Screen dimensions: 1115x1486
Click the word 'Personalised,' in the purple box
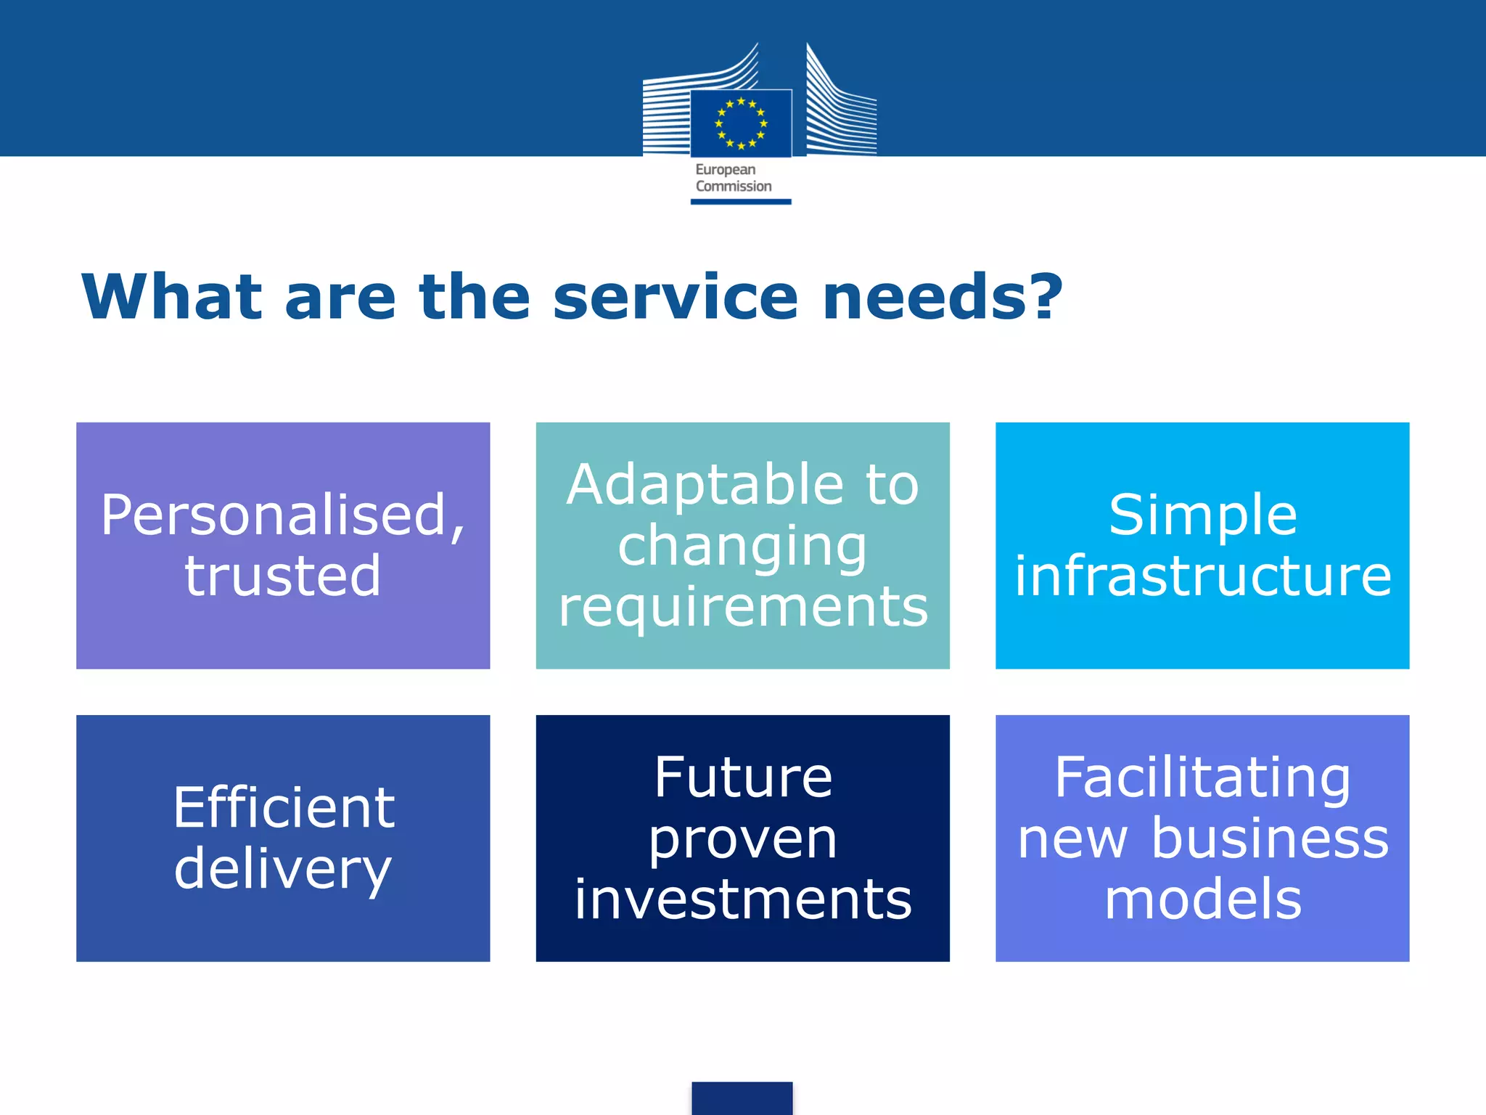pyautogui.click(x=282, y=515)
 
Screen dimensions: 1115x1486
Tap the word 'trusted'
pyautogui.click(x=282, y=576)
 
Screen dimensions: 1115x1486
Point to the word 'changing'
pyautogui.click(x=742, y=547)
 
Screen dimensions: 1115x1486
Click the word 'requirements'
pyautogui.click(x=743, y=607)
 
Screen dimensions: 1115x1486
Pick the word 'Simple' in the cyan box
pyautogui.click(x=1202, y=515)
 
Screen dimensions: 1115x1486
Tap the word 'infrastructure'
pyautogui.click(x=1202, y=576)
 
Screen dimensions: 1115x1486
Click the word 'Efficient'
pyautogui.click(x=284, y=807)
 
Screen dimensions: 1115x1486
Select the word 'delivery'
pyautogui.click(x=282, y=869)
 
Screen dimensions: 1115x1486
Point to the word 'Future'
pyautogui.click(x=743, y=777)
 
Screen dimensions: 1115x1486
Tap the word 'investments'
pyautogui.click(x=743, y=899)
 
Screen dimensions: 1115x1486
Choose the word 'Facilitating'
pyautogui.click(x=1202, y=777)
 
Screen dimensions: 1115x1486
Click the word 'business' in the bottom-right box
pyautogui.click(x=1270, y=838)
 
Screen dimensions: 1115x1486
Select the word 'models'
pyautogui.click(x=1202, y=899)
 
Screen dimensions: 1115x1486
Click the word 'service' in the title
pyautogui.click(x=675, y=297)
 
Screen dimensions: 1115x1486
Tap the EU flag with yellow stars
pyautogui.click(x=741, y=123)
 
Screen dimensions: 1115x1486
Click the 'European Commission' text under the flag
pyautogui.click(x=733, y=178)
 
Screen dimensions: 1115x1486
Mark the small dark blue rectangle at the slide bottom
pyautogui.click(x=742, y=1098)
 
